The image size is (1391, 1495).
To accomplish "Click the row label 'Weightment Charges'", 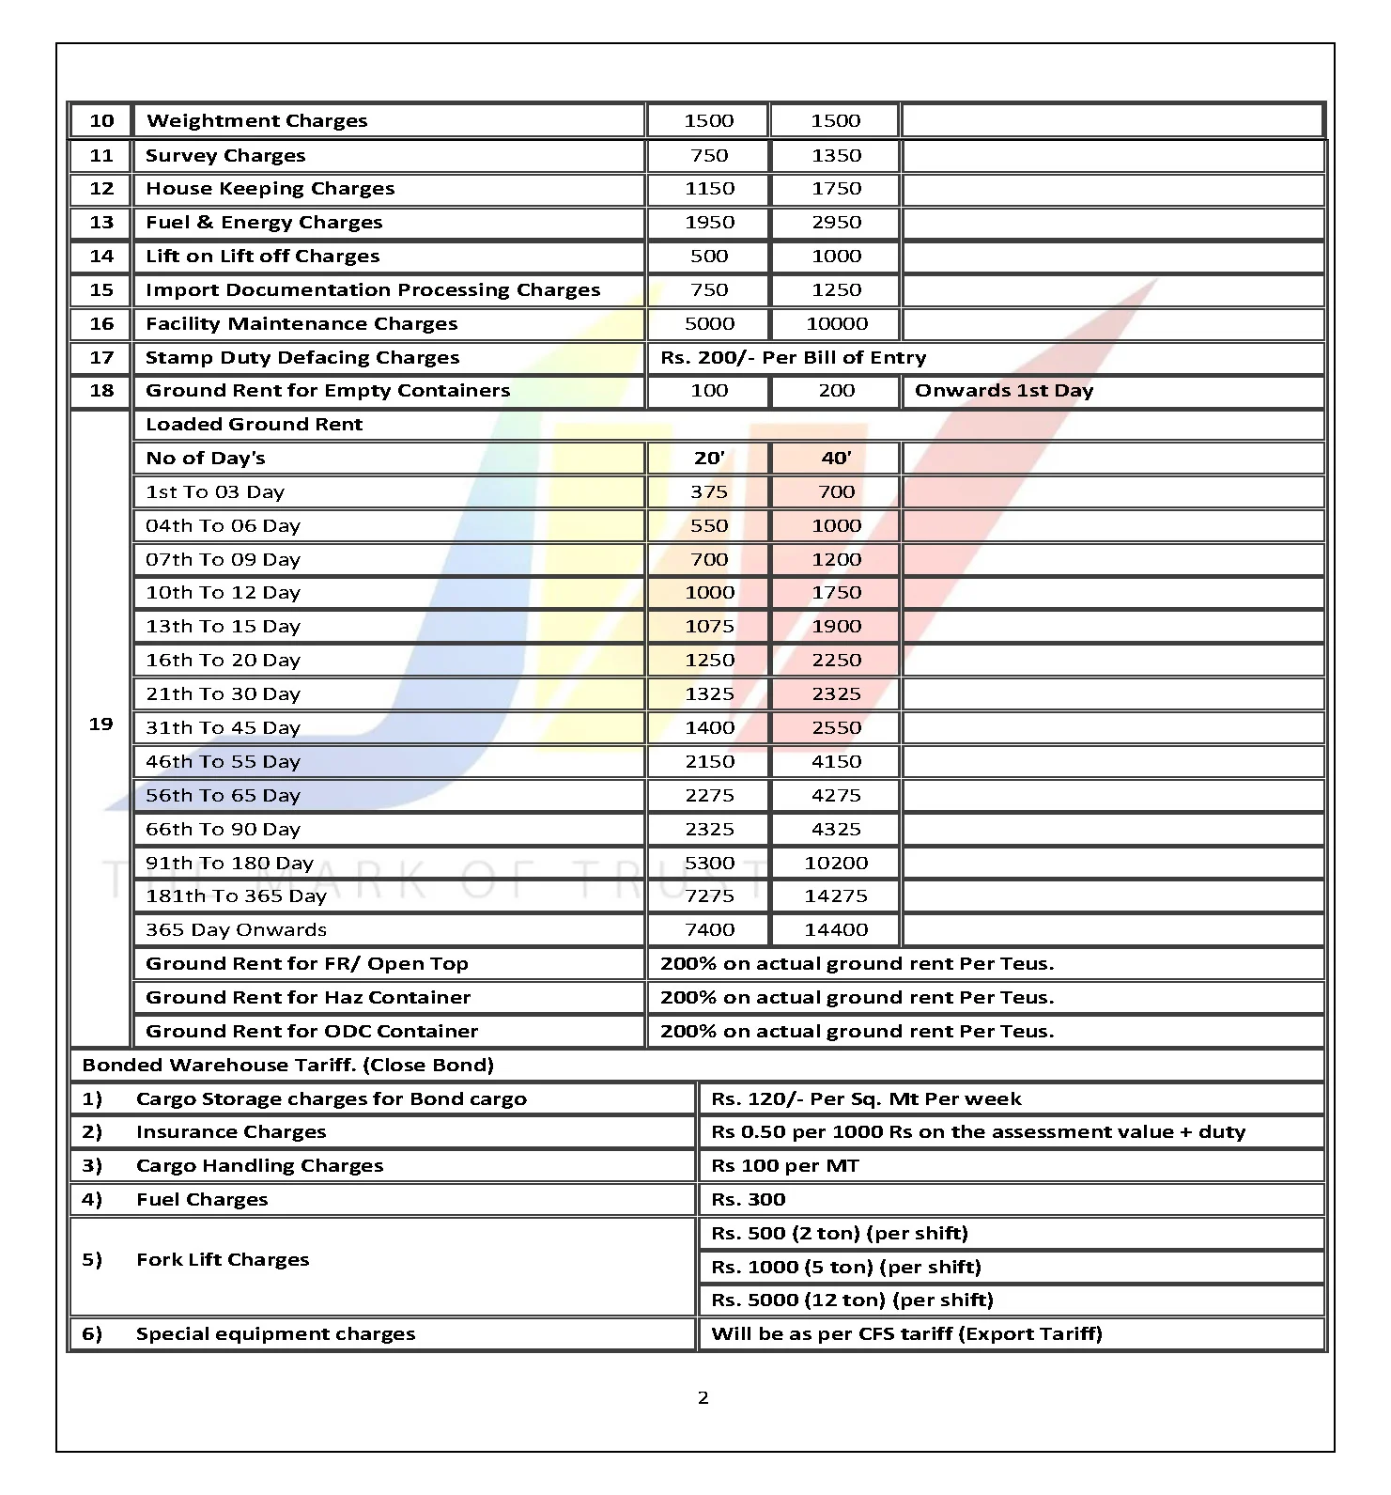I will pyautogui.click(x=256, y=121).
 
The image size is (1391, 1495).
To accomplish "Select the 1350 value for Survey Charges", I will pyautogui.click(x=836, y=156).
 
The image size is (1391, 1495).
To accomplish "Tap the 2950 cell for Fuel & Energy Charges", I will pyautogui.click(x=836, y=223).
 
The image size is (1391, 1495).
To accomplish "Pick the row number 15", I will pyautogui.click(x=101, y=290).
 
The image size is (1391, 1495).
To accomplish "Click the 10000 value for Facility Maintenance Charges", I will pyautogui.click(x=836, y=324).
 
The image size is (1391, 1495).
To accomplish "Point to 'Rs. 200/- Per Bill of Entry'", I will pyautogui.click(x=793, y=358).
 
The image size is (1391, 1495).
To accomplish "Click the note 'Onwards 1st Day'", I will pyautogui.click(x=1003, y=391).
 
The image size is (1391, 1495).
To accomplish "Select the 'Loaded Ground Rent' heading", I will pyautogui.click(x=254, y=425).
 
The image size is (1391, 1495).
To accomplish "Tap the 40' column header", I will pyautogui.click(x=836, y=459).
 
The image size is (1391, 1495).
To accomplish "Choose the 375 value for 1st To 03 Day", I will pyautogui.click(x=709, y=492).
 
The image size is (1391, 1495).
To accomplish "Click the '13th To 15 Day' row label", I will pyautogui.click(x=223, y=627).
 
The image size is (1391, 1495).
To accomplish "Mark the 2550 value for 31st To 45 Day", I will pyautogui.click(x=836, y=728).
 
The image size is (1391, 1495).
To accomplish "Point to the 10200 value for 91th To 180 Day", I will pyautogui.click(x=836, y=863).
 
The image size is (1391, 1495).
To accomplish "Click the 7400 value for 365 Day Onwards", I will pyautogui.click(x=709, y=930).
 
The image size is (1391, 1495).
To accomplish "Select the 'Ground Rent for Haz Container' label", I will pyautogui.click(x=307, y=998).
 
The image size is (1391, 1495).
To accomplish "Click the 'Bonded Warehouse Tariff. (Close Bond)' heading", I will pyautogui.click(x=287, y=1066).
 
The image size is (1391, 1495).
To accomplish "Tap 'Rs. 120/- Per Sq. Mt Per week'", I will pyautogui.click(x=866, y=1099).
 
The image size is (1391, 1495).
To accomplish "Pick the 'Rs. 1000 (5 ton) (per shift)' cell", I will pyautogui.click(x=845, y=1268).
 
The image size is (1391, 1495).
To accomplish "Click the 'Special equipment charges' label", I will pyautogui.click(x=275, y=1334).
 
